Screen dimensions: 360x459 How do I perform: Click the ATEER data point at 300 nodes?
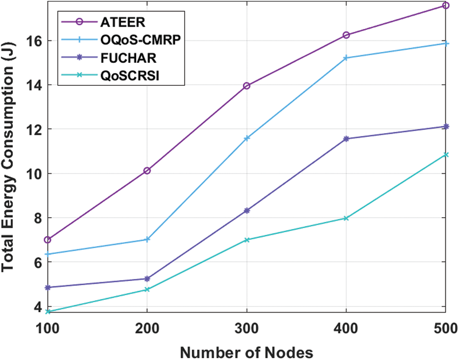click(x=247, y=86)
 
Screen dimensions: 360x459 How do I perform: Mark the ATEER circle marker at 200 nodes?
click(x=147, y=171)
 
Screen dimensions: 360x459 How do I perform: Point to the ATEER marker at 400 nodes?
click(x=346, y=35)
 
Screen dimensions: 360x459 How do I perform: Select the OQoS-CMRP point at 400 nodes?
click(x=346, y=58)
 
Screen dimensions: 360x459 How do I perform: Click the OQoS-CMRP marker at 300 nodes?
click(x=247, y=138)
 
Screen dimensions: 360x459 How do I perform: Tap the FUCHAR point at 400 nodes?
click(x=346, y=139)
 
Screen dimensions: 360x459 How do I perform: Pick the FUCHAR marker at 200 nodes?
click(x=147, y=279)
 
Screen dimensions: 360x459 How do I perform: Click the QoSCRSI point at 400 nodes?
click(x=346, y=218)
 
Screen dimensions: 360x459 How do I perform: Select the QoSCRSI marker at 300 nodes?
click(x=247, y=240)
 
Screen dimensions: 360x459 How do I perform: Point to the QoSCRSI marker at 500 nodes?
click(x=446, y=155)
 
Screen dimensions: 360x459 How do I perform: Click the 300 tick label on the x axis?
click(x=247, y=329)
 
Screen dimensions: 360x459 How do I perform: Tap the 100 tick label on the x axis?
click(x=48, y=329)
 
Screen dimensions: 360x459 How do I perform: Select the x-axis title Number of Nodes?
click(x=246, y=352)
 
